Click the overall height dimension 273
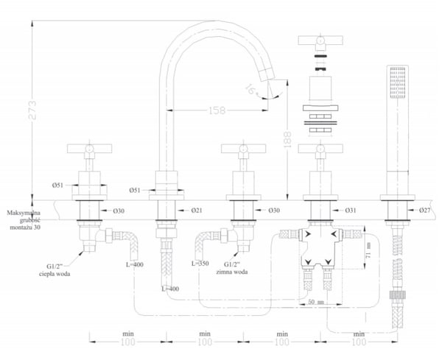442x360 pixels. coord(32,110)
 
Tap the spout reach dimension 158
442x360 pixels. coord(217,110)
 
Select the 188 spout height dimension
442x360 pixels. coord(287,140)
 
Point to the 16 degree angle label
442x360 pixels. coord(250,89)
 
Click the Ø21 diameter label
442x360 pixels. coord(197,211)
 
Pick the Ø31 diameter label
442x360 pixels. coord(351,211)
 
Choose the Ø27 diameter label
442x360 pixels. coord(425,210)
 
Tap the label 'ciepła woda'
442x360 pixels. coord(55,274)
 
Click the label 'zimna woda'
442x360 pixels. coord(232,272)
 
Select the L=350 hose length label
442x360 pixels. coord(200,264)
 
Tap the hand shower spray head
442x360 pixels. coord(398,82)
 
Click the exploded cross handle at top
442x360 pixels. coord(320,40)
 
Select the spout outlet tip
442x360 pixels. coord(267,75)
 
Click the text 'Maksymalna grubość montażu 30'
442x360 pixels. coord(24,220)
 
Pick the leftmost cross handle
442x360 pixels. coord(89,149)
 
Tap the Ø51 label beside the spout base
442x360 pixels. coord(135,191)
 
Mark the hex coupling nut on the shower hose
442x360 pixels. coord(398,295)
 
